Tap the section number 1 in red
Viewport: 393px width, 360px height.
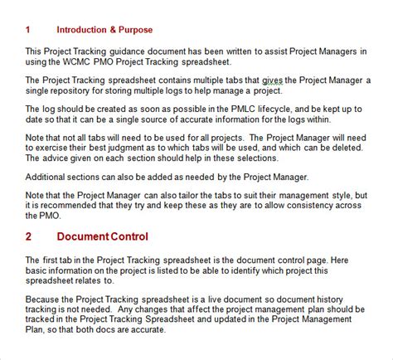(28, 31)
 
